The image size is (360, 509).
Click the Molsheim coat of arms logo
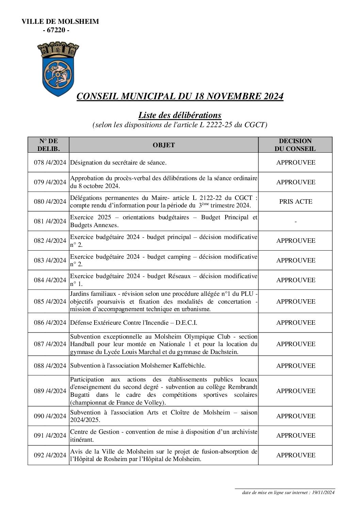tap(58, 68)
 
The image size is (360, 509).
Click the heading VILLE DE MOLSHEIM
tap(60, 22)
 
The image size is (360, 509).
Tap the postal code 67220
tap(56, 30)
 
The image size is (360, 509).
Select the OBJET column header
tap(164, 145)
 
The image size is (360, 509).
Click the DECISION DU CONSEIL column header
tap(295, 145)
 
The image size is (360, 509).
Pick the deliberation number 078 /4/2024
tap(50, 163)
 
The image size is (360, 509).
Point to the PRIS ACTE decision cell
tap(295, 202)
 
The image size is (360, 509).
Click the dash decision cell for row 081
tap(295, 221)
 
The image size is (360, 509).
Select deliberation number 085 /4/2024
tap(50, 302)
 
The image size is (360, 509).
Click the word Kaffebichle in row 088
tap(190, 366)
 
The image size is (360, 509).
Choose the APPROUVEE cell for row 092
tap(295, 455)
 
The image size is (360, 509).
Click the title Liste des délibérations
tap(180, 115)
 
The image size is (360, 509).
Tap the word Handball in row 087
tap(81, 344)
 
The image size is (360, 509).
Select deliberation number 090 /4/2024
tap(50, 416)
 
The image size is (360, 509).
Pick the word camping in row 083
tap(181, 257)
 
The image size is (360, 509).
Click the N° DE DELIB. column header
tap(48, 145)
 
